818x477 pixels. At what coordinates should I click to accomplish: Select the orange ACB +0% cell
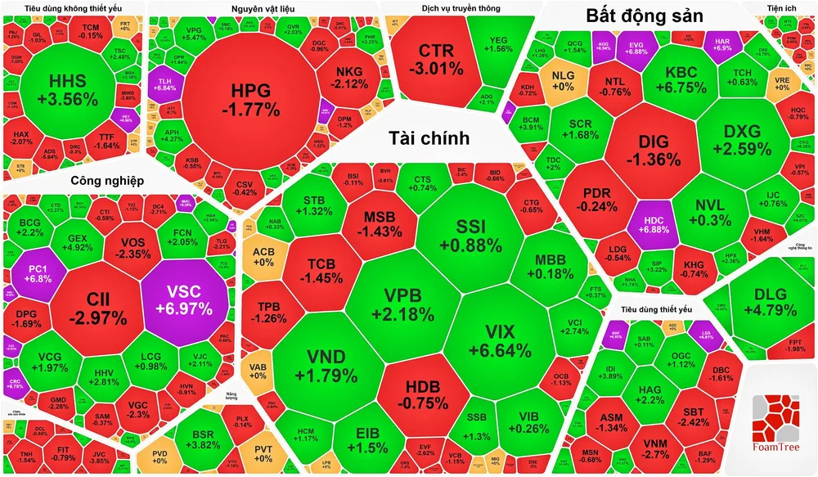(263, 256)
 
